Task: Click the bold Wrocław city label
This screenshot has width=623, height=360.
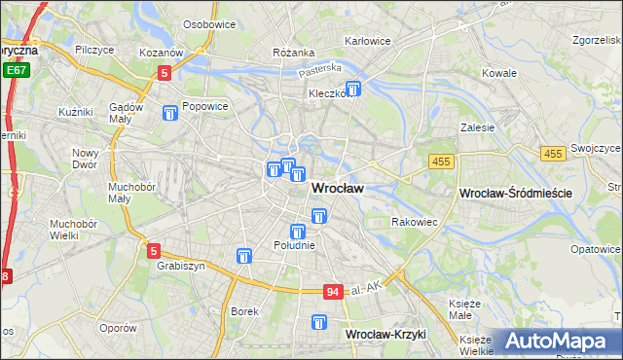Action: coord(338,190)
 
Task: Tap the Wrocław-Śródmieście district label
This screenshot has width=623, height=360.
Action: coord(514,195)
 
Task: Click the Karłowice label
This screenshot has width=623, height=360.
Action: coord(368,42)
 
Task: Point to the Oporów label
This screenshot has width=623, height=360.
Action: coord(118,328)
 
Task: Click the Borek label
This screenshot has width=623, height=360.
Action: coord(244,312)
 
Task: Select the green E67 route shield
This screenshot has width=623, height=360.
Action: coord(15,71)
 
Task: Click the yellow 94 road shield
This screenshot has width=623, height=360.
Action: coord(333,292)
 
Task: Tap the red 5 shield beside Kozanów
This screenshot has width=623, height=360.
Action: coord(165,72)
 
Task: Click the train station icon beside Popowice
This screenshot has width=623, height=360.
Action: coord(171,113)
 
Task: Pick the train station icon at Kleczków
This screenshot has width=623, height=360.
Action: coord(353,90)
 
